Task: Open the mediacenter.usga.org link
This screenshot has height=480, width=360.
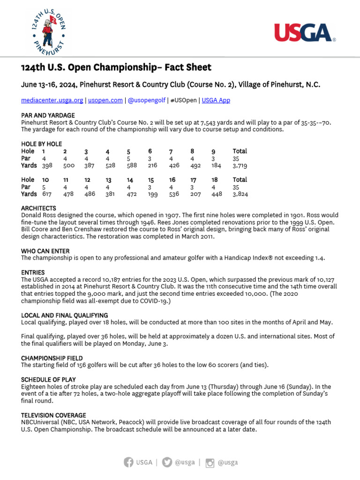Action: pos(52,100)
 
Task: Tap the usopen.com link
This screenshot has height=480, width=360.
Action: pos(105,100)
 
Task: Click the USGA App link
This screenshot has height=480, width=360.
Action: pos(216,100)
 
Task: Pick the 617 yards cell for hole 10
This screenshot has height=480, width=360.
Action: pos(47,194)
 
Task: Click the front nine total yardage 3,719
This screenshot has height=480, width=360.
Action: pos(240,165)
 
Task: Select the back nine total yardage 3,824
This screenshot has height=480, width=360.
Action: pos(240,194)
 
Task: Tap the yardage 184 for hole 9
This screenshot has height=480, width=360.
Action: pos(216,165)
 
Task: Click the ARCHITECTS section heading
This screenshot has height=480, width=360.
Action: pos(38,208)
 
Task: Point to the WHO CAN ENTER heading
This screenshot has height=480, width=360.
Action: pos(45,251)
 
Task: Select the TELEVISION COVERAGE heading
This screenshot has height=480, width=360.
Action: pos(53,415)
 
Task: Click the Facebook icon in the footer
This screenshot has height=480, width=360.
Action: pos(128,462)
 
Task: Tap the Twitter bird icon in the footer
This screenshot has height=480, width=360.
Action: pos(167,462)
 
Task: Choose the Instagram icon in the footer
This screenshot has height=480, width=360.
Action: pos(210,463)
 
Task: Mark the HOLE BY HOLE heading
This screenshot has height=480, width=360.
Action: pos(41,144)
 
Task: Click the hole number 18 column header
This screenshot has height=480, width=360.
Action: pos(214,180)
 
